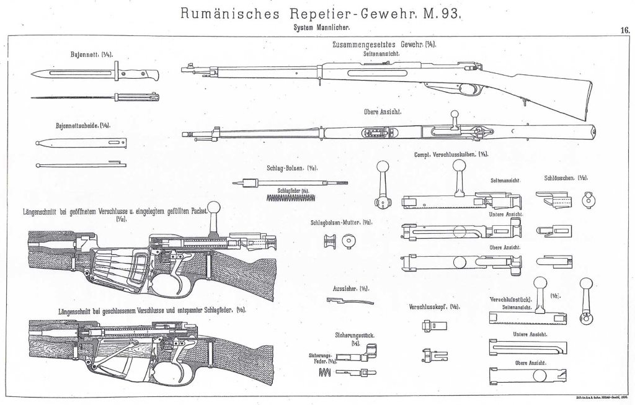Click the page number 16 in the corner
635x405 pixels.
point(625,29)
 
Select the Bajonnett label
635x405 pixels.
point(87,55)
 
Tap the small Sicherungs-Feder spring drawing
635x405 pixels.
point(324,372)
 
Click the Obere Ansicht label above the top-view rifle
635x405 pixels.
point(384,112)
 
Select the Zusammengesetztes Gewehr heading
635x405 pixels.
point(379,45)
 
